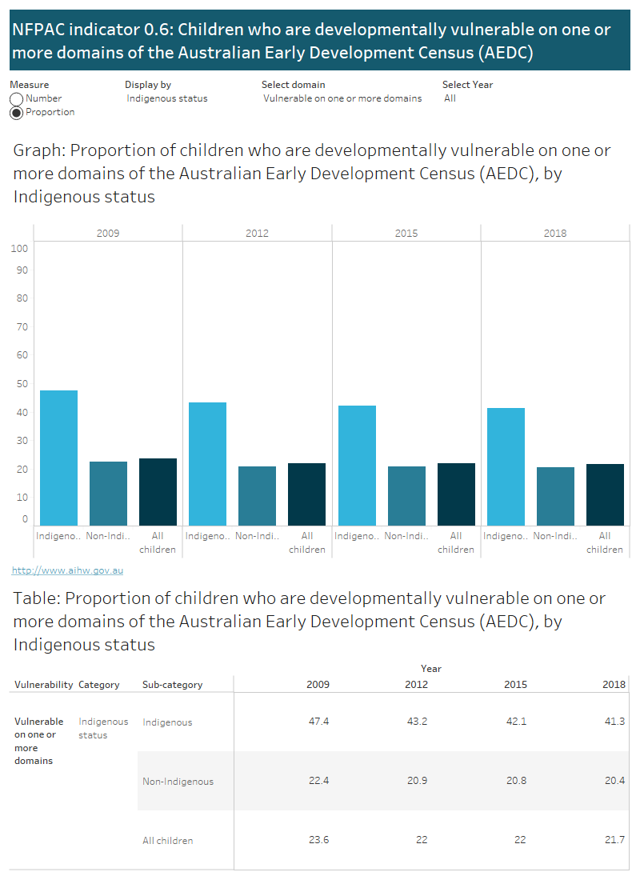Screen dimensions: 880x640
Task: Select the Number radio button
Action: pos(17,98)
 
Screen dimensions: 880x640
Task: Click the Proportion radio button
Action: pos(17,113)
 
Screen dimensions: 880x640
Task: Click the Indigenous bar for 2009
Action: pos(58,458)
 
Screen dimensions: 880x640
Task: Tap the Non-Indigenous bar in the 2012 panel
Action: pos(257,495)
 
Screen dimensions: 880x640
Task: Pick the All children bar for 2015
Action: pos(456,494)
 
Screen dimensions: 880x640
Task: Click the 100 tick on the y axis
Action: pos(20,248)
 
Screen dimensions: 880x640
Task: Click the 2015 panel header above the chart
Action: pos(406,233)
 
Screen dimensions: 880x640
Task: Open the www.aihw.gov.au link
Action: pos(67,570)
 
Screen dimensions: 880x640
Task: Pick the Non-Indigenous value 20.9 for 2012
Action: pos(417,781)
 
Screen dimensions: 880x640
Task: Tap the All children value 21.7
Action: pos(614,840)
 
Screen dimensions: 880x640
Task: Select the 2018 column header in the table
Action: pos(614,685)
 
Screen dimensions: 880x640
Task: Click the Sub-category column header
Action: pos(172,685)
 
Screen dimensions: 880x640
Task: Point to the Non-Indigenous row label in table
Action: pos(178,782)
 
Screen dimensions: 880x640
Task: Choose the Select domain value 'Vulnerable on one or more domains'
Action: pos(342,98)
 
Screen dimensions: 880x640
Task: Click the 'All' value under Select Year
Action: pos(450,98)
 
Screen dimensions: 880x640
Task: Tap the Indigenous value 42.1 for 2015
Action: pos(516,722)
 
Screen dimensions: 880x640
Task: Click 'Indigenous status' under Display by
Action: pos(167,98)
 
